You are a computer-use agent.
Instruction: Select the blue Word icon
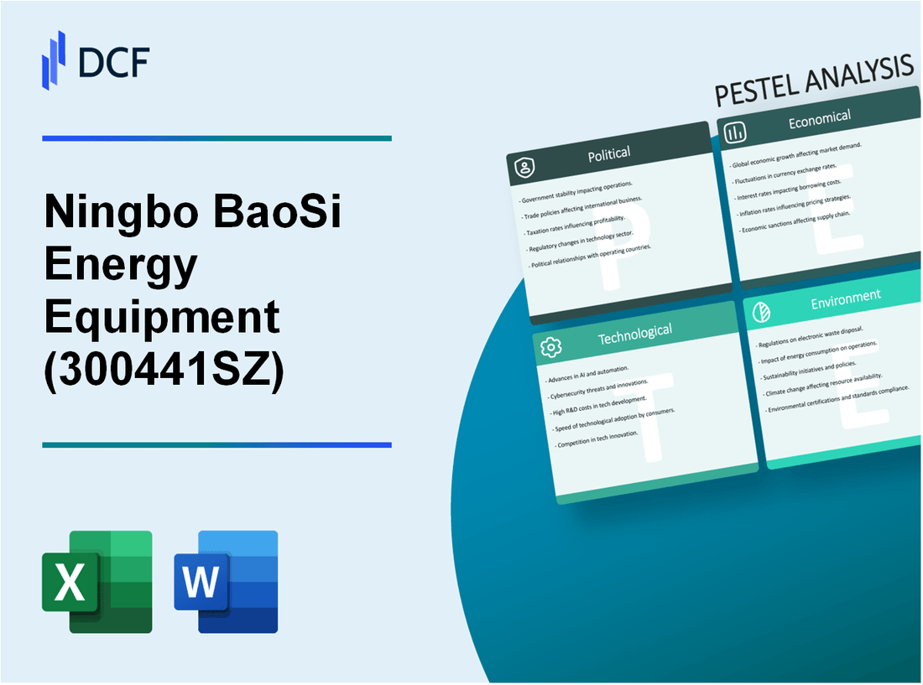point(226,581)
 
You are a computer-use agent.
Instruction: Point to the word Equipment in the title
point(161,319)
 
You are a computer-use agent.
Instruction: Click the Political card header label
point(609,153)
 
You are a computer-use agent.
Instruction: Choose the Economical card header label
point(819,120)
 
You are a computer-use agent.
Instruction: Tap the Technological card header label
point(634,333)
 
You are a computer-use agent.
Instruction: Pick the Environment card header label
point(845,296)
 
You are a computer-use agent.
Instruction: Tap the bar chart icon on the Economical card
point(735,132)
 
